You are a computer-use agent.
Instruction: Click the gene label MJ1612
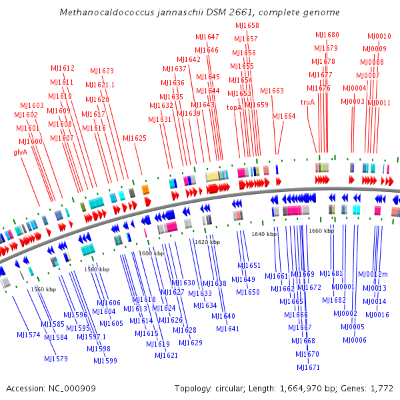pos(62,68)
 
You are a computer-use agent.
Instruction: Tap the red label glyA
pos(20,152)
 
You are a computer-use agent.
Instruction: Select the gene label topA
pos(234,107)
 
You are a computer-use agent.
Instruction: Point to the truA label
pos(307,102)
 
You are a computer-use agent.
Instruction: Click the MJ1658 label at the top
pos(247,25)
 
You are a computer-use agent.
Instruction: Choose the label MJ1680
pos(327,35)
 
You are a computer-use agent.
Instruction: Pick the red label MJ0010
pos(379,36)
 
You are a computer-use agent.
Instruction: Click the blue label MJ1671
pos(309,367)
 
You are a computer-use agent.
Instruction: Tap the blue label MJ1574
pos(28,335)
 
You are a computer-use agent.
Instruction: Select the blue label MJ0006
pos(355,340)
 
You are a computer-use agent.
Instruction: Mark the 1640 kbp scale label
pos(264,234)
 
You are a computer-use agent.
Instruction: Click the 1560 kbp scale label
pos(43,289)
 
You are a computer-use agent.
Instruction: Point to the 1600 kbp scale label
pos(151,253)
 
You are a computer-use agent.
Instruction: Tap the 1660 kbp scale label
pos(321,230)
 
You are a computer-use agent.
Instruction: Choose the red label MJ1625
pos(135,138)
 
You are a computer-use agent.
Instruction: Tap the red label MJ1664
pos(283,116)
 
